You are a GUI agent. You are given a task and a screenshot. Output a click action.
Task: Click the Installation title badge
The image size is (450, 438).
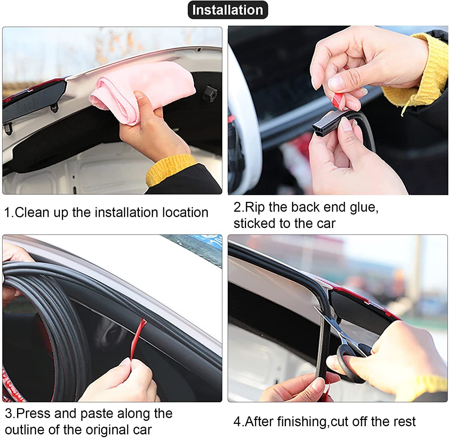tap(228, 10)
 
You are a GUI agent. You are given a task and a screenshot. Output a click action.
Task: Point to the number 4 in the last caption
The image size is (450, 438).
tap(237, 422)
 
